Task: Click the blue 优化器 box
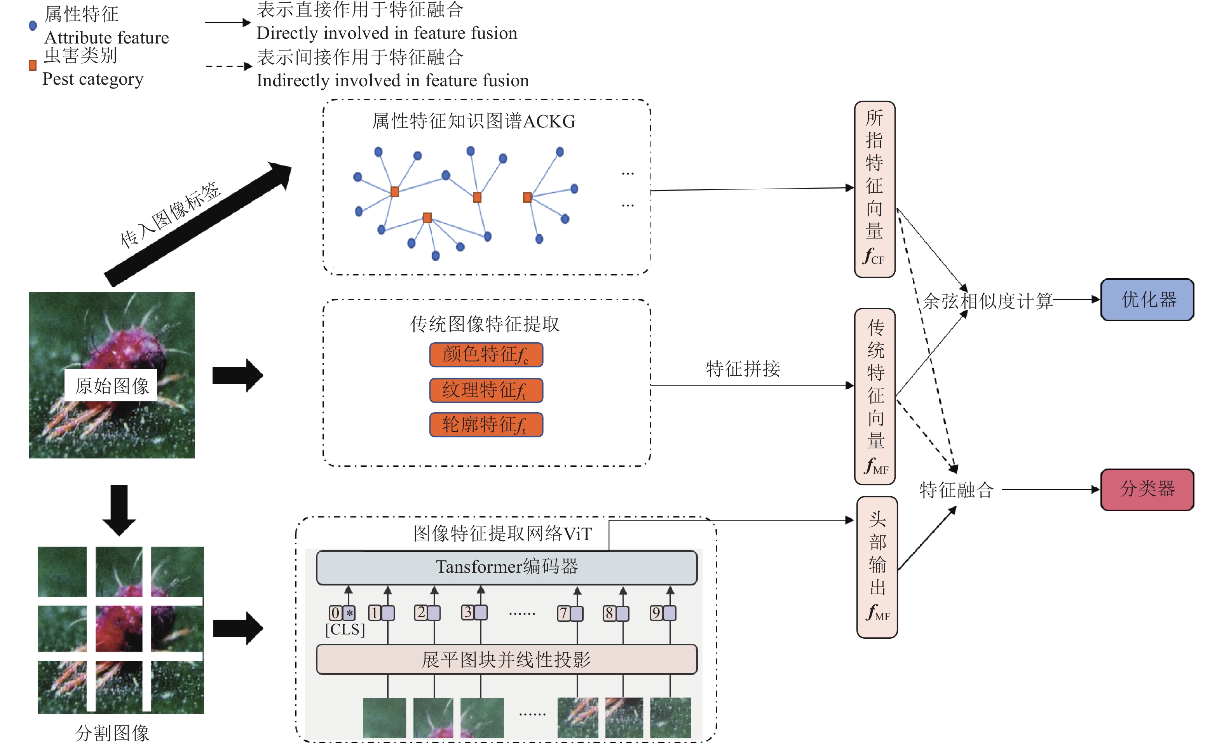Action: pyautogui.click(x=1147, y=300)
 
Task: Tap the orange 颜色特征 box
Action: pyautogui.click(x=485, y=355)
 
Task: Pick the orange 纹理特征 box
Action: pyautogui.click(x=485, y=390)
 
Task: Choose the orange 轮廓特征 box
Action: pyautogui.click(x=485, y=425)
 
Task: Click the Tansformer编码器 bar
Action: pyautogui.click(x=506, y=567)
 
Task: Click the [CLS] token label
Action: pyautogui.click(x=345, y=629)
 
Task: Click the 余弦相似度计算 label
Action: pyautogui.click(x=987, y=301)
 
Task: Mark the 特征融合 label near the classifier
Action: pyautogui.click(x=956, y=490)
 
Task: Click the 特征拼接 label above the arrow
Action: pyautogui.click(x=743, y=369)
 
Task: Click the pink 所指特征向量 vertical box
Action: pyautogui.click(x=874, y=189)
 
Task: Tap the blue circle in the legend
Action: pyautogui.click(x=33, y=25)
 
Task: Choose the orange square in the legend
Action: pyautogui.click(x=33, y=65)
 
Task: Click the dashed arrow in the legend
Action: pyautogui.click(x=228, y=66)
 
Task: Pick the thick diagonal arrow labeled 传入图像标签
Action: pyautogui.click(x=199, y=223)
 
